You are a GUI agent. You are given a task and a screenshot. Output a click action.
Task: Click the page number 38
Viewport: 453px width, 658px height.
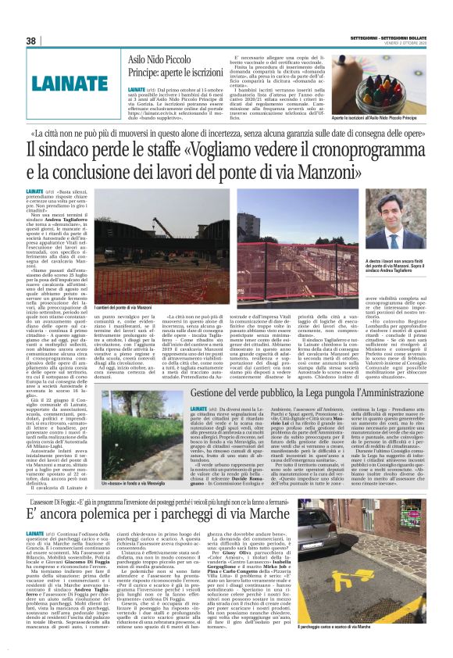[x=31, y=41]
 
